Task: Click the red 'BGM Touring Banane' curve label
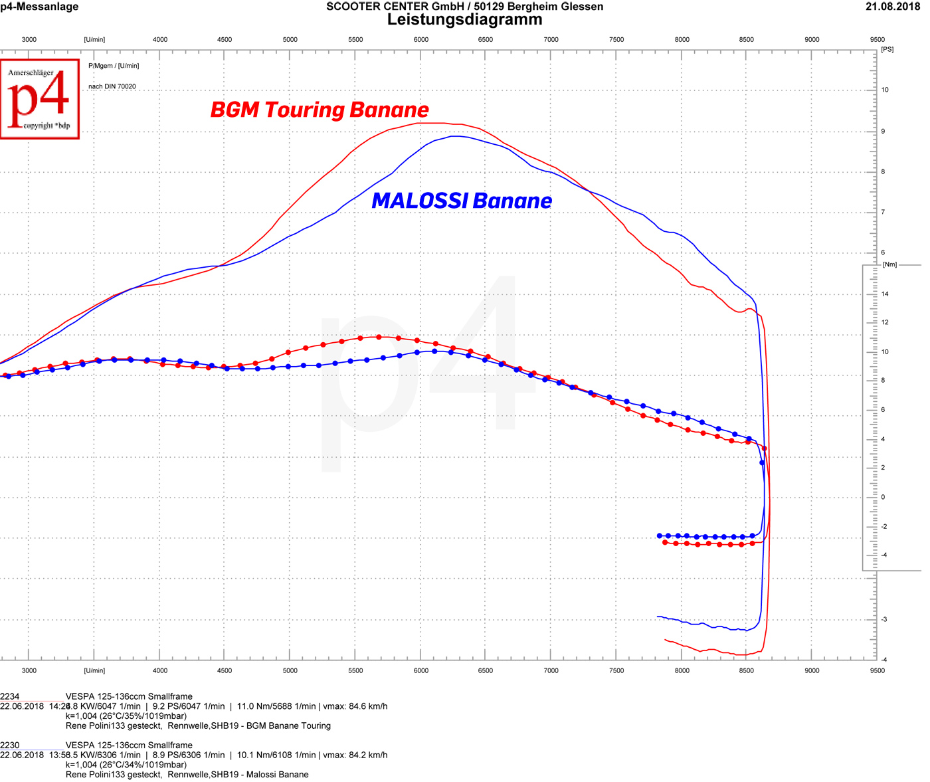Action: (320, 110)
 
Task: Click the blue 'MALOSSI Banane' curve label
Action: (462, 201)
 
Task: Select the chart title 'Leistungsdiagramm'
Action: (464, 20)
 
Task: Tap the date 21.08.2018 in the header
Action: (892, 7)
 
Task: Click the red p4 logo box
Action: (40, 99)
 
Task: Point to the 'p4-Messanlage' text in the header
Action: (39, 7)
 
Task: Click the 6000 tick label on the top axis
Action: (420, 40)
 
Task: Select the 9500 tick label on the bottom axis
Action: (877, 670)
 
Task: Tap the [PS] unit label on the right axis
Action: (887, 50)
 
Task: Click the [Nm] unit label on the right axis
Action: (889, 264)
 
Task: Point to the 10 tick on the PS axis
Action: (885, 90)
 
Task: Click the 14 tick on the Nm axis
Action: (885, 294)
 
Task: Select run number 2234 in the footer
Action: (10, 696)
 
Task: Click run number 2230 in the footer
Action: (10, 745)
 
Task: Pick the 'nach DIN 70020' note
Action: (112, 86)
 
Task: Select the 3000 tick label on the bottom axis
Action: (29, 670)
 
